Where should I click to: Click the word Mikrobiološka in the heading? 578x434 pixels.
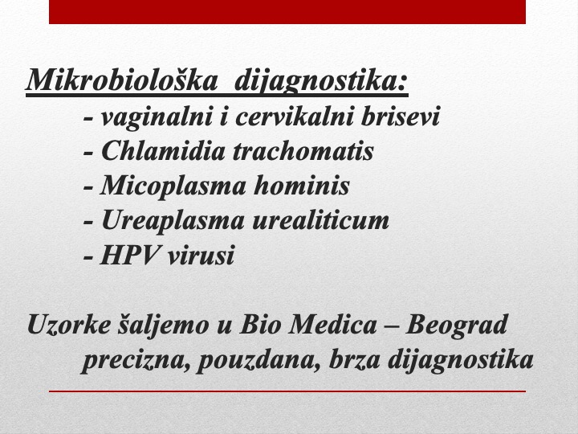coord(122,80)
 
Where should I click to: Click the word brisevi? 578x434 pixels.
coord(401,117)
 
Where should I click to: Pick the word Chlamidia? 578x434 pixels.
coord(163,150)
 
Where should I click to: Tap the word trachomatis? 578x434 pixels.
coord(303,151)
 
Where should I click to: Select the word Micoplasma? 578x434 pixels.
coord(173,186)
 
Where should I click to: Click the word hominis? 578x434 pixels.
coord(302,186)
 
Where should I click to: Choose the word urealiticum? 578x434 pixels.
coord(320,220)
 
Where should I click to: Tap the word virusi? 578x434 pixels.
coord(201,256)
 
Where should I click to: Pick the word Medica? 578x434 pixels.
coord(333,325)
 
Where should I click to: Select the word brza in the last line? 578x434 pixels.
coord(354,358)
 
